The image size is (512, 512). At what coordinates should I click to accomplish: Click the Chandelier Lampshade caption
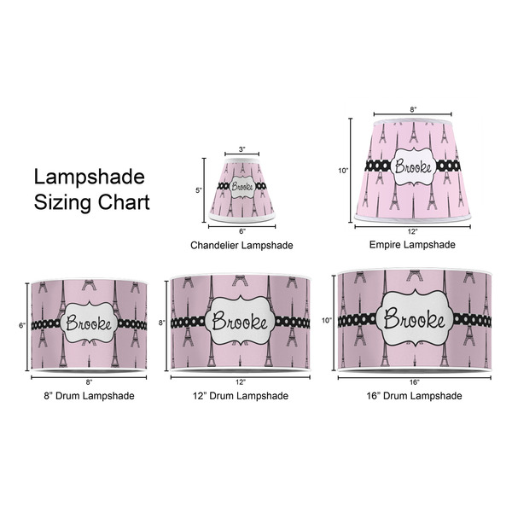[x=241, y=245]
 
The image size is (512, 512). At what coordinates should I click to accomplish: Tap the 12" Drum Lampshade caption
[x=240, y=395]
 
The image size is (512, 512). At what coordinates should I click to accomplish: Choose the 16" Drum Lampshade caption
[x=413, y=395]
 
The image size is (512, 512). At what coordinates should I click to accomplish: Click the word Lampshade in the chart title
[x=89, y=177]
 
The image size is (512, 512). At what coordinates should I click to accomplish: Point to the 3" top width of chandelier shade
[x=241, y=150]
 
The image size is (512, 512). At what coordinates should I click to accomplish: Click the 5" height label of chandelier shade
[x=199, y=191]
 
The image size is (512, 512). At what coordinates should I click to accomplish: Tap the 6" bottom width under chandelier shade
[x=241, y=231]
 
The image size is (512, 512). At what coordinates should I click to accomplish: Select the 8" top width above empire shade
[x=413, y=110]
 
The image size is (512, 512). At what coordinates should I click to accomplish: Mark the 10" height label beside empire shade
[x=343, y=171]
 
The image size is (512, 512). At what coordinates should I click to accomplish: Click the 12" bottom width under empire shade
[x=413, y=232]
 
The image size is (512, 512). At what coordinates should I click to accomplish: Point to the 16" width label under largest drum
[x=414, y=381]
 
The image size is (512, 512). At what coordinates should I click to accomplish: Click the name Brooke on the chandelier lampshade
[x=241, y=189]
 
